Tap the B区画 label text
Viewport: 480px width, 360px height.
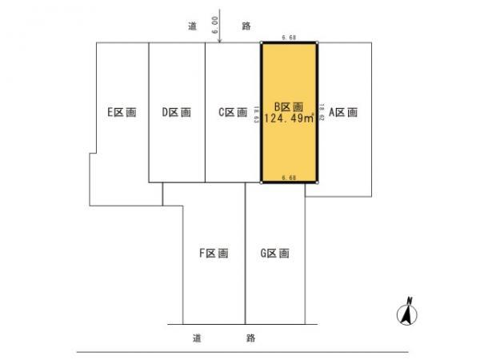coord(290,106)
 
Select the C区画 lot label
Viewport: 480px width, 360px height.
coord(233,112)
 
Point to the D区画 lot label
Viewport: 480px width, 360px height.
coord(176,112)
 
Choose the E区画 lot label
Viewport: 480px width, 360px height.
coord(122,112)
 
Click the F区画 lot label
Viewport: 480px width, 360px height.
coord(214,254)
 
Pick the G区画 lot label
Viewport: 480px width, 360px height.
coord(274,254)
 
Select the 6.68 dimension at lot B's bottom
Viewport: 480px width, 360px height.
coord(290,177)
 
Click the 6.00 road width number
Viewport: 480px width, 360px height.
coord(215,26)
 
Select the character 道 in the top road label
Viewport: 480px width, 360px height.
coord(193,26)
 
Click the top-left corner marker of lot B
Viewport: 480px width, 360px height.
coord(262,42)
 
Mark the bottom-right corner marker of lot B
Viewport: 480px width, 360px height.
coord(317,182)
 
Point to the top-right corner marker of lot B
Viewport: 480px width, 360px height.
coord(317,42)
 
